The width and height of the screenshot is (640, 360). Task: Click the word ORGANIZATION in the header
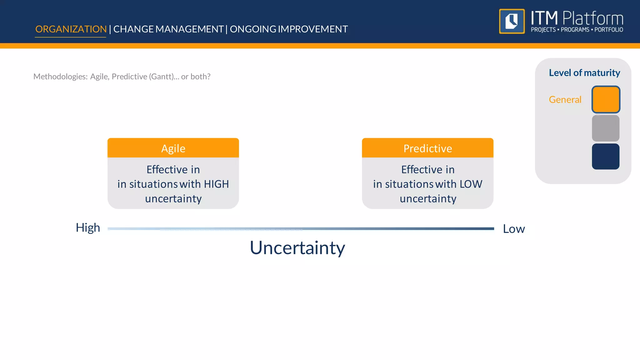point(71,29)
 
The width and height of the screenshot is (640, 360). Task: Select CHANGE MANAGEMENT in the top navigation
point(168,29)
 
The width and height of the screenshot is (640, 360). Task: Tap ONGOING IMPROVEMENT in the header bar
point(289,29)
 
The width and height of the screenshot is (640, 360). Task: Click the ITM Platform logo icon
point(512,21)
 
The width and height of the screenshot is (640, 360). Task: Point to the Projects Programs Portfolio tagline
point(577,30)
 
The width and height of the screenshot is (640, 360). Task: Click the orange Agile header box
point(173,148)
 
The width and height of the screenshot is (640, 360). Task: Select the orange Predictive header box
point(427,148)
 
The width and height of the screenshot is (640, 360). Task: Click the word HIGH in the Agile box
point(216,184)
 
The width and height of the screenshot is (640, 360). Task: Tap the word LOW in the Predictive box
point(471,184)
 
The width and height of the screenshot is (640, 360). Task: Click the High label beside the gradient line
point(88,228)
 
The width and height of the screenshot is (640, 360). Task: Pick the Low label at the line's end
point(514,229)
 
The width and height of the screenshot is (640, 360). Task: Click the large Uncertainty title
point(297,248)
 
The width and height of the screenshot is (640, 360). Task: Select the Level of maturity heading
point(584,73)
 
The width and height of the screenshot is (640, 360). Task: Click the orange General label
point(565,99)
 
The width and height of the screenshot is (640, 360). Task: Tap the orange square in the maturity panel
point(606,99)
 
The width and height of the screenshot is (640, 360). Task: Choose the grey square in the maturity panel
point(606,128)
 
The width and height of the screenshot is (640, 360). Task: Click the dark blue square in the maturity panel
point(606,157)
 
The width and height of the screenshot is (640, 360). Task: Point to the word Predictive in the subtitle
point(129,77)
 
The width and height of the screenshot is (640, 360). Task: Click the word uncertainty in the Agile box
point(173,199)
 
